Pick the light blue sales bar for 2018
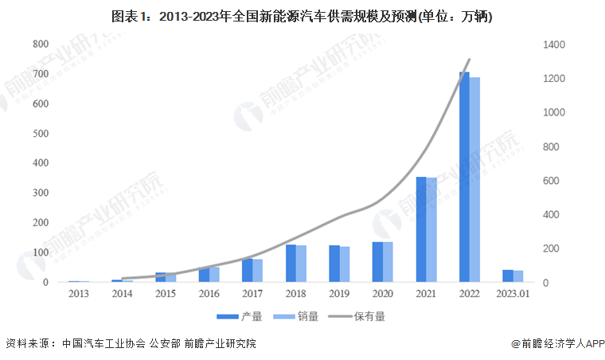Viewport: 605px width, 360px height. [x=302, y=264]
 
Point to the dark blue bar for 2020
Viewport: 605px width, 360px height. [x=377, y=262]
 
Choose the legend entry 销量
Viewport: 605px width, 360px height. [x=298, y=316]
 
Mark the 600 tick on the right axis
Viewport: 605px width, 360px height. [x=552, y=181]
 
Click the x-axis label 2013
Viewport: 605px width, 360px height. [x=79, y=293]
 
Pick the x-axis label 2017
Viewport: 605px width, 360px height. [x=252, y=293]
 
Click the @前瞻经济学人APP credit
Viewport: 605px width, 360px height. [x=558, y=344]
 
